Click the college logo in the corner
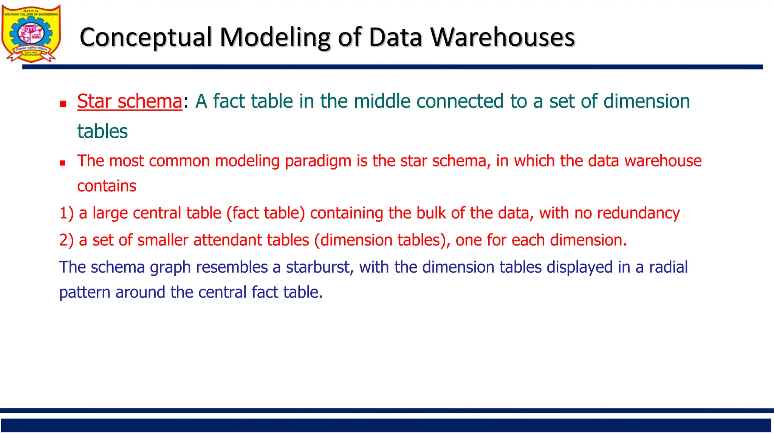(31, 33)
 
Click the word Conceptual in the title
(146, 37)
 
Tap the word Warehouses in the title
(503, 37)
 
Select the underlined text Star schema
(130, 101)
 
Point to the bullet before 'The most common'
(62, 163)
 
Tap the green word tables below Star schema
(102, 131)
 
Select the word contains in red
(107, 186)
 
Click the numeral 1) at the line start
(66, 213)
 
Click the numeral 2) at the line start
(66, 240)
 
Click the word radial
(668, 267)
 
